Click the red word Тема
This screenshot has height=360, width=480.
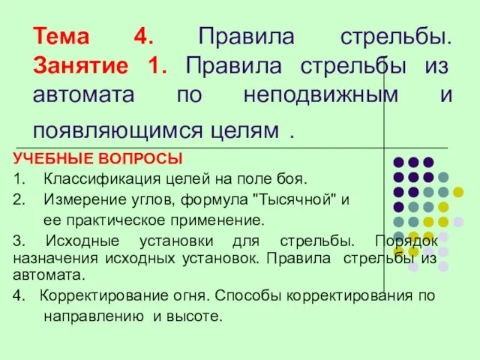click(61, 36)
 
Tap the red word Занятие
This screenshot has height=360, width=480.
click(80, 66)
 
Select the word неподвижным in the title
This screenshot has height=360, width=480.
click(321, 94)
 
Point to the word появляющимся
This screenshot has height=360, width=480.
click(118, 131)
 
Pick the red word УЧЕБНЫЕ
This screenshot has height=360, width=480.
click(52, 158)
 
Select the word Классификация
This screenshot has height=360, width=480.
click(102, 179)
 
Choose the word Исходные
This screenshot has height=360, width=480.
click(82, 241)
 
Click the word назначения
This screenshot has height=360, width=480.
click(55, 259)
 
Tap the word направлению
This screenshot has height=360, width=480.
click(94, 316)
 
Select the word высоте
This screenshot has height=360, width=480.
click(194, 316)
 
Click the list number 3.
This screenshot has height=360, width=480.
click(19, 241)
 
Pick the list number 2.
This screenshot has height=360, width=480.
click(18, 200)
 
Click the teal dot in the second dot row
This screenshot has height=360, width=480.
click(443, 177)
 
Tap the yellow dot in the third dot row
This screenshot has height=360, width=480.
click(458, 192)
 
